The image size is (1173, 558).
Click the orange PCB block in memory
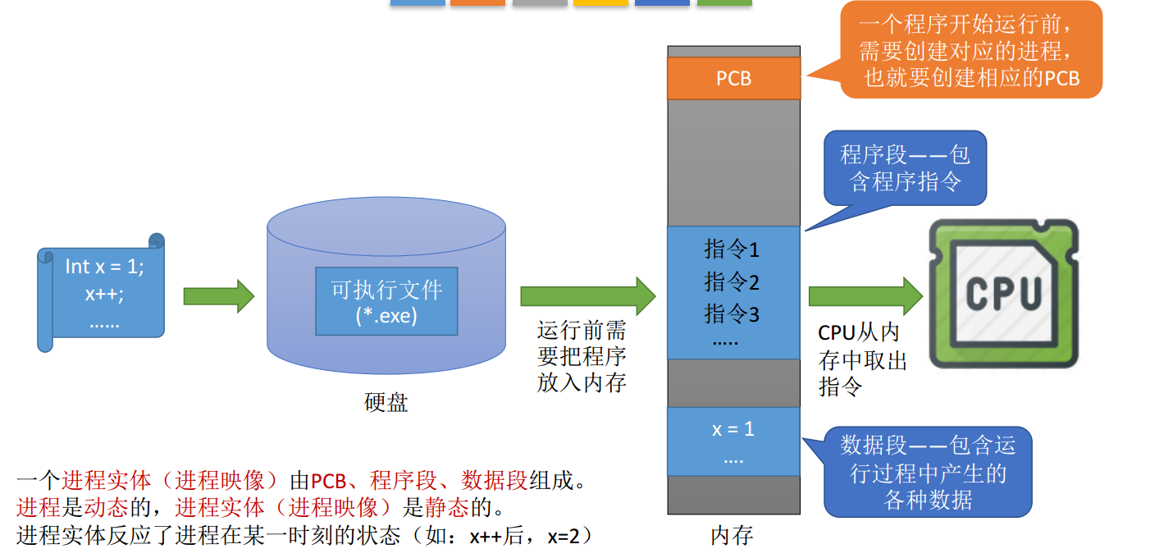tap(733, 78)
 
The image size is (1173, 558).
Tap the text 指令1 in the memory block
tap(732, 249)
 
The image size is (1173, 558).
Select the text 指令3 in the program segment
tap(732, 313)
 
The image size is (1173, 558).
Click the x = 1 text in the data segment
tap(733, 428)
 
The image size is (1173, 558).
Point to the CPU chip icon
tap(1003, 293)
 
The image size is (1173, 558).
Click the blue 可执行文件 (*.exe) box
tap(386, 300)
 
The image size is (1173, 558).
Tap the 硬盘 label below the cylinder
tap(386, 403)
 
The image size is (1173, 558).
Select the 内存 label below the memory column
tap(732, 536)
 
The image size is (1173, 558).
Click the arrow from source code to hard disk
tap(218, 296)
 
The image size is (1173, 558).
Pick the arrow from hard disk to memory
tap(587, 296)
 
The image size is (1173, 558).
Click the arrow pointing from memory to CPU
tap(865, 296)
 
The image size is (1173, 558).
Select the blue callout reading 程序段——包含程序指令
tap(905, 167)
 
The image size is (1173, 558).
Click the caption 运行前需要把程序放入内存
tap(582, 357)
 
